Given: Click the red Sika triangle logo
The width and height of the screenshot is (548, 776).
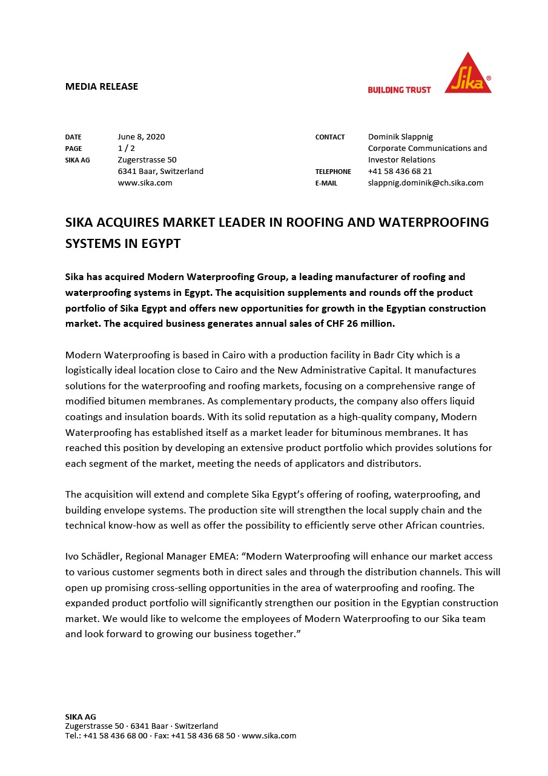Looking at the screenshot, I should pos(467,75).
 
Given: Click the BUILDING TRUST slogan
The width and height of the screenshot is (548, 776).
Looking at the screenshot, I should pos(399,90).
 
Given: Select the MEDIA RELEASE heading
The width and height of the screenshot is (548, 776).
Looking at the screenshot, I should pos(102,86).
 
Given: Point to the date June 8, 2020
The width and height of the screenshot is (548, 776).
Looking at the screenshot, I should pos(141,136).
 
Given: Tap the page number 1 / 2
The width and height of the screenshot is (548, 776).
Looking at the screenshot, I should pos(126,148).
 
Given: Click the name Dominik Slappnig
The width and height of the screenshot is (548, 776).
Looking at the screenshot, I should pos(400,136).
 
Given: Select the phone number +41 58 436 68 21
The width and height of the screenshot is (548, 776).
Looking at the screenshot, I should pos(400,171).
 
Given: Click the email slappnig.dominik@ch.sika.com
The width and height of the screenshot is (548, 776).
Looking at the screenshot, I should pos(425,182).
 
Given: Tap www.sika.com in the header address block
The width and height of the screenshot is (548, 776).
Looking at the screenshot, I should pos(145,182).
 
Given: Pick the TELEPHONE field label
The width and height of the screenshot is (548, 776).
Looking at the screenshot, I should pos(333,172).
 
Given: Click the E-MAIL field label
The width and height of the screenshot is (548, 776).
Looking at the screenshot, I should pos(326,183).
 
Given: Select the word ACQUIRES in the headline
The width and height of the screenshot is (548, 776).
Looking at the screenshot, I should pos(127,222).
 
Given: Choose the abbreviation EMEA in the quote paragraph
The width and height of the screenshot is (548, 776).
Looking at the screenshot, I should pos(225,556).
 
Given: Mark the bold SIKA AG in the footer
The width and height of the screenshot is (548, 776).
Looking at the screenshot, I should pos(81,717).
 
